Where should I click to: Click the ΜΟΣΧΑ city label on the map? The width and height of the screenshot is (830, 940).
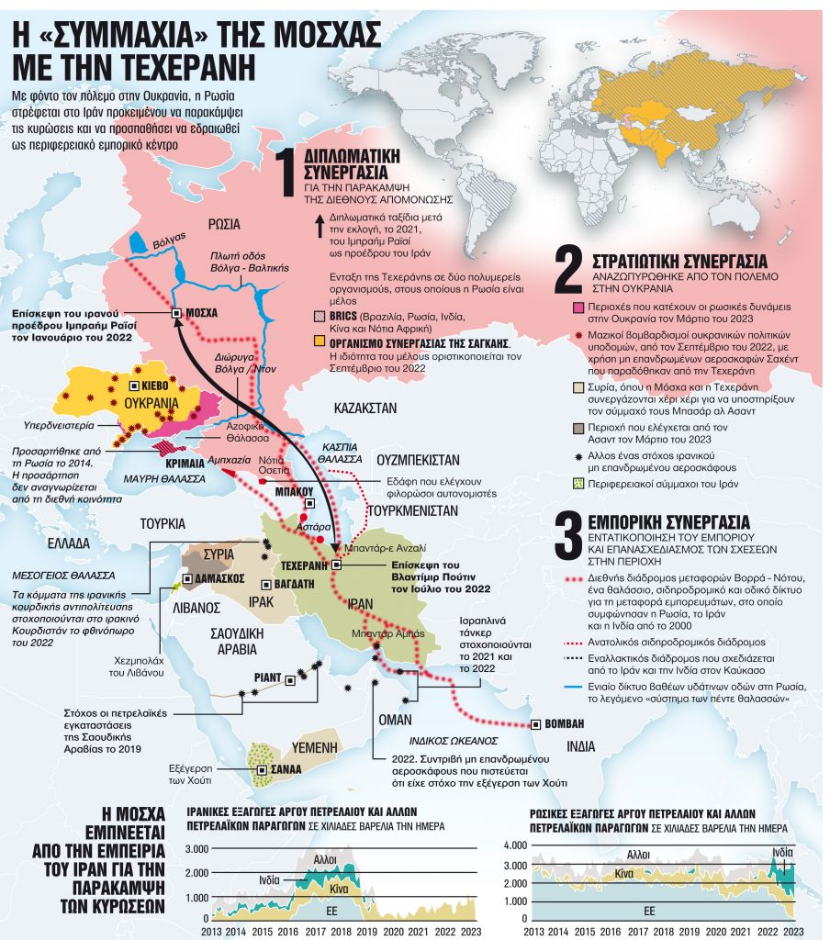pyautogui.click(x=201, y=313)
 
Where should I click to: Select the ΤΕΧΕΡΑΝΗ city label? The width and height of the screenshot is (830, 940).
pyautogui.click(x=304, y=565)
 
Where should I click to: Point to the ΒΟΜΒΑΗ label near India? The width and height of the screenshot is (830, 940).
pyautogui.click(x=565, y=723)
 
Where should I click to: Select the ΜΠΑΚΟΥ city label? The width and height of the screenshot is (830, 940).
pyautogui.click(x=295, y=492)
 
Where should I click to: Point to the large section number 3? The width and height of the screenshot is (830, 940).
pyautogui.click(x=567, y=535)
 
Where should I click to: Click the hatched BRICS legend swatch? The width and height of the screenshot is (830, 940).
pyautogui.click(x=319, y=315)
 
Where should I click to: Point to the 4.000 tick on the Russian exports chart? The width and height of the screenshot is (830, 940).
pyautogui.click(x=515, y=845)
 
